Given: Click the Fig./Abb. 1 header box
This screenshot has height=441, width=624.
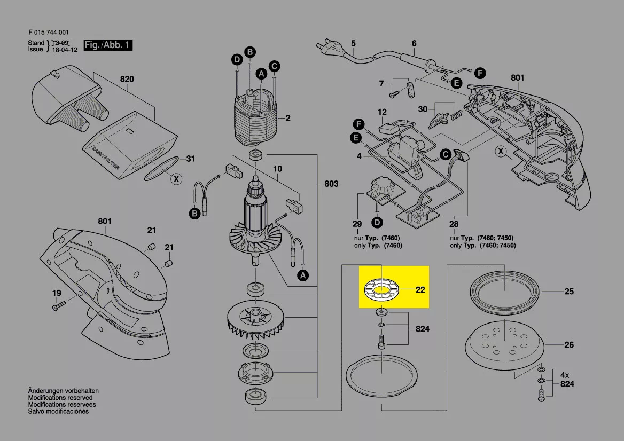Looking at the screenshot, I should (x=108, y=45).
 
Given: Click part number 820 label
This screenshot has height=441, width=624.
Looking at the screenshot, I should (x=127, y=80).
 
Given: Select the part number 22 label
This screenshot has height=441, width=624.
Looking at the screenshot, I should (x=420, y=290).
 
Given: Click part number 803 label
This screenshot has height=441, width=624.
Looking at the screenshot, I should (x=331, y=184).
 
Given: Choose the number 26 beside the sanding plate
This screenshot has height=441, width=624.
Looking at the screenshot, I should (x=569, y=345).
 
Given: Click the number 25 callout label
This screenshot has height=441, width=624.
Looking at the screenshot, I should (x=569, y=292).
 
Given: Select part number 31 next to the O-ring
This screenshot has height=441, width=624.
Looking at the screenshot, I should (x=190, y=159).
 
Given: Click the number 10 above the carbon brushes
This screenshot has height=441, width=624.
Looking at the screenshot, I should (x=277, y=169).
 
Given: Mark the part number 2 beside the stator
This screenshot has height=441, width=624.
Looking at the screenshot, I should (x=288, y=118).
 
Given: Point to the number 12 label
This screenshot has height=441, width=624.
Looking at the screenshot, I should (x=382, y=112).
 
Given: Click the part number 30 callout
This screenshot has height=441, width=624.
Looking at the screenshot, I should (x=423, y=109).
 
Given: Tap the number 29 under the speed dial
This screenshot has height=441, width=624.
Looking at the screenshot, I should (x=357, y=224).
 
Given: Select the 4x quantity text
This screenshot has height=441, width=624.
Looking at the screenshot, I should (x=564, y=374).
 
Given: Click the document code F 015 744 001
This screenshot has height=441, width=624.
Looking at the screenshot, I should (x=48, y=32).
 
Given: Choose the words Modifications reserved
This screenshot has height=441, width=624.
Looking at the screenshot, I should (x=60, y=398).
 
